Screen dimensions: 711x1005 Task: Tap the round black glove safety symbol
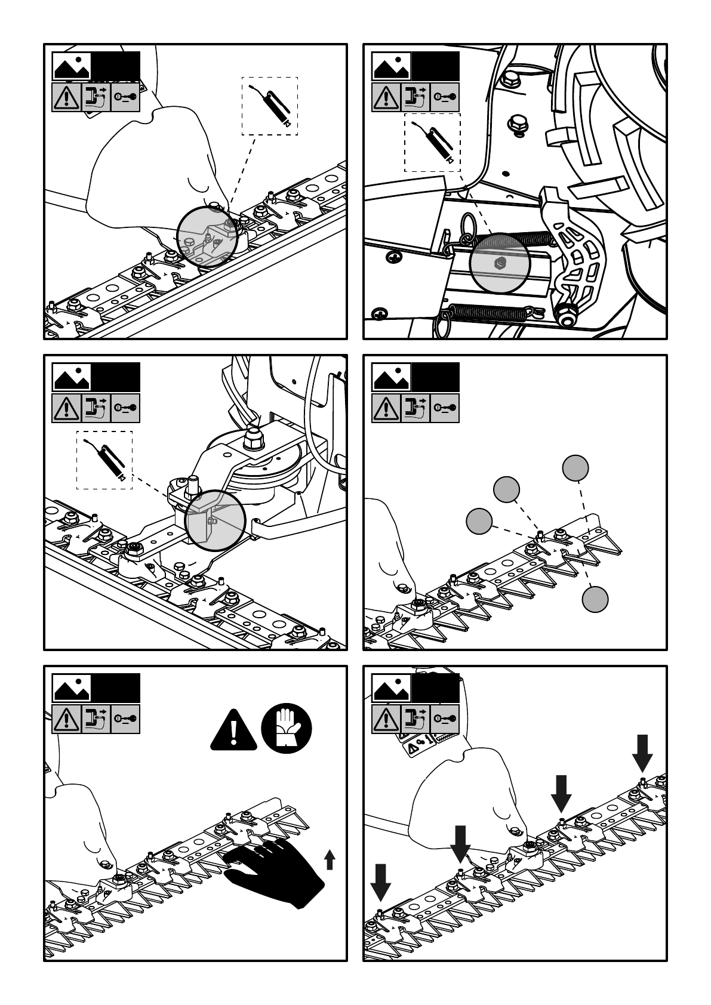[x=287, y=729]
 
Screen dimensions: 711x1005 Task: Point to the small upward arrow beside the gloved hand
[x=330, y=860]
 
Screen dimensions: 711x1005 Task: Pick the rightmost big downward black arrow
[x=642, y=754]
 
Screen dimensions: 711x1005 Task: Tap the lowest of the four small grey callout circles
[x=595, y=599]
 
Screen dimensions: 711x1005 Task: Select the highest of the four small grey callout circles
[x=575, y=468]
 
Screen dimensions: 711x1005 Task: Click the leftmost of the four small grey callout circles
[x=479, y=521]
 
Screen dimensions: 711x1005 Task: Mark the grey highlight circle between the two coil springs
[x=500, y=263]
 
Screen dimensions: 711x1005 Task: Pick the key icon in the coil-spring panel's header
[x=445, y=97]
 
